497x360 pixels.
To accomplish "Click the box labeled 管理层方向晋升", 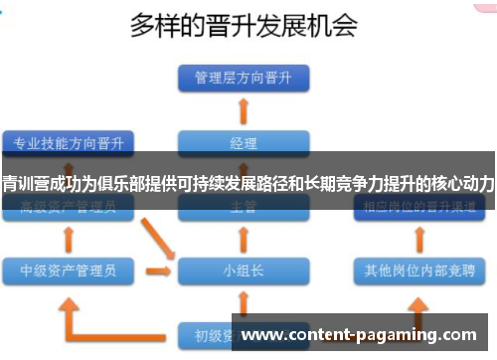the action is tap(243, 78).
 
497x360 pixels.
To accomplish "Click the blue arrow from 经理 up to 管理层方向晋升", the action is tap(244, 108).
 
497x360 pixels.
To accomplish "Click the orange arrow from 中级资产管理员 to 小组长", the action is tap(157, 270).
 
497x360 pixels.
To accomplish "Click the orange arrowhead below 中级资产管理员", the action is tap(68, 298).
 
